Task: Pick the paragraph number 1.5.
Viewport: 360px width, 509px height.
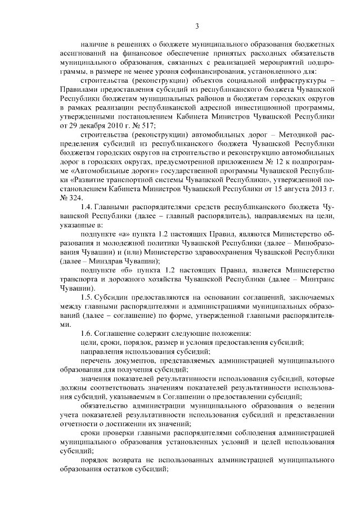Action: point(86,296)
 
